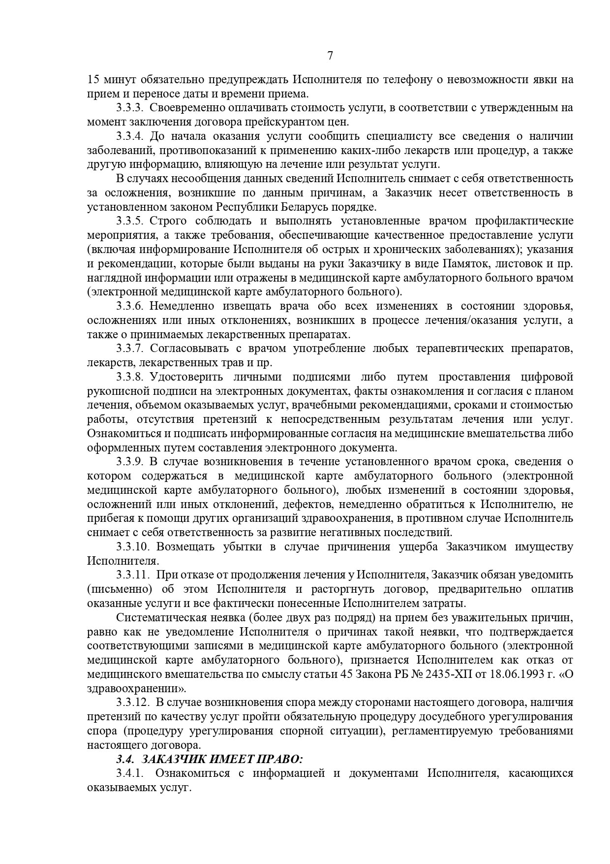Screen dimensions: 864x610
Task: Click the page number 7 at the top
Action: pos(330,56)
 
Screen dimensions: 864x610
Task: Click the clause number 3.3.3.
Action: pos(130,108)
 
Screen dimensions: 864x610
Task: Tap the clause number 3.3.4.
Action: pos(130,136)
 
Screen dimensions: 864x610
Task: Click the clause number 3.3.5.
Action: pos(130,221)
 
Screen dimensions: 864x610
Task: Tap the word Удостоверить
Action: pos(184,377)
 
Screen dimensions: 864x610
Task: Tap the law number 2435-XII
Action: pos(448,674)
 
